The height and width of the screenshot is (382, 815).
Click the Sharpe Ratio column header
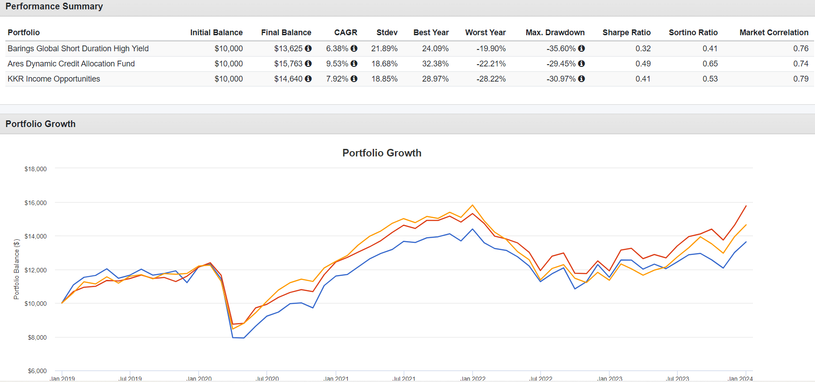click(x=626, y=33)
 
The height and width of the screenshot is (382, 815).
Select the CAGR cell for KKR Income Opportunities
click(x=337, y=79)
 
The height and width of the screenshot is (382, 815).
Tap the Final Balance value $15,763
click(x=288, y=64)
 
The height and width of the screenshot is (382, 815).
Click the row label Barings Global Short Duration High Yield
click(x=78, y=49)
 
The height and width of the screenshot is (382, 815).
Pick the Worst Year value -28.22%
click(x=491, y=79)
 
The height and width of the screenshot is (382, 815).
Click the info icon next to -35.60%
click(x=582, y=49)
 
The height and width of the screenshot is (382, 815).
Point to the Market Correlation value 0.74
click(x=801, y=64)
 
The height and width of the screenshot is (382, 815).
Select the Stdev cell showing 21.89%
click(x=384, y=49)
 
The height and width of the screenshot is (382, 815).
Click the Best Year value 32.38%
click(x=435, y=64)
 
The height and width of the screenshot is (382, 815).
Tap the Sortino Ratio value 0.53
click(x=710, y=79)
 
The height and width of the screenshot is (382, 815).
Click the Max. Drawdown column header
click(x=555, y=33)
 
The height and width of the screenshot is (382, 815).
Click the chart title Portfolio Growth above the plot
click(x=382, y=153)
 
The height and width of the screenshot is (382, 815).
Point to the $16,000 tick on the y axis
click(x=36, y=203)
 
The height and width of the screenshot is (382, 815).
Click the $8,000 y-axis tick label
click(x=37, y=337)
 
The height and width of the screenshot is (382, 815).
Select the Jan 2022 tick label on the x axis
click(x=473, y=378)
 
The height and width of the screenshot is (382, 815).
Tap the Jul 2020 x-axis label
click(x=267, y=378)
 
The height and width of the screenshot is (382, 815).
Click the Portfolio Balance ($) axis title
click(x=17, y=269)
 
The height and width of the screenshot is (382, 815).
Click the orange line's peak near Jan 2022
click(x=473, y=205)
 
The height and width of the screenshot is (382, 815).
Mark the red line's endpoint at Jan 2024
click(x=746, y=206)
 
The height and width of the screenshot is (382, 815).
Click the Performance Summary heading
click(x=54, y=7)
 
